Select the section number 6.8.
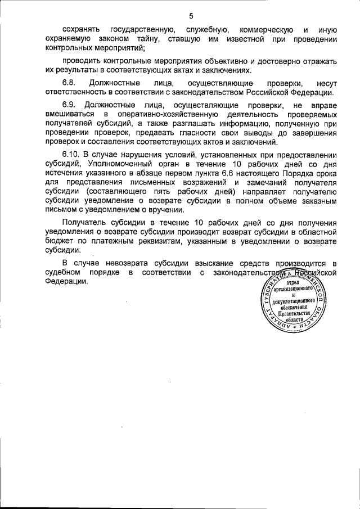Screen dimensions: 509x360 69,83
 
